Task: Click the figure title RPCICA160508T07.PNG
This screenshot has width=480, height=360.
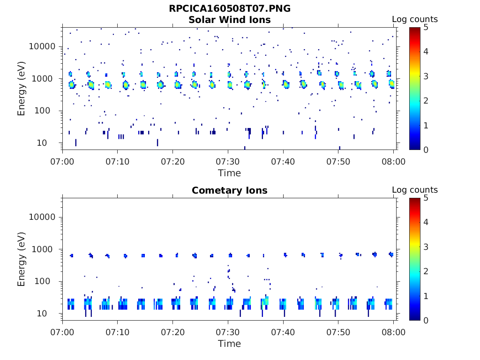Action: [x=230, y=9]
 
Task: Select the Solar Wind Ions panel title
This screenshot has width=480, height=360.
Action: [x=230, y=20]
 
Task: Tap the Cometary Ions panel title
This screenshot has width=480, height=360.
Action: [x=230, y=190]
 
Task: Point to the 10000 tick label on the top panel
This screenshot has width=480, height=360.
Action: [x=43, y=46]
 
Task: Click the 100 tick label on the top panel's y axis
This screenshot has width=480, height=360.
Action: [x=49, y=111]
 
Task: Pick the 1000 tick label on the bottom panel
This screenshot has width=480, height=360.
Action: [x=46, y=249]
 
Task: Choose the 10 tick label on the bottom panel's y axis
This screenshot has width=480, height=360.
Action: [x=52, y=313]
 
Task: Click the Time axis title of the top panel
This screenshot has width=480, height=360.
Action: [x=230, y=173]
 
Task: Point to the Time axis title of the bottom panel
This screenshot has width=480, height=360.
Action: [x=230, y=344]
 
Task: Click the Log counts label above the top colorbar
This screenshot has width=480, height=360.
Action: [x=415, y=19]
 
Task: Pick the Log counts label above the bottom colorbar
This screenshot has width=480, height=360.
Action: [x=415, y=190]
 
